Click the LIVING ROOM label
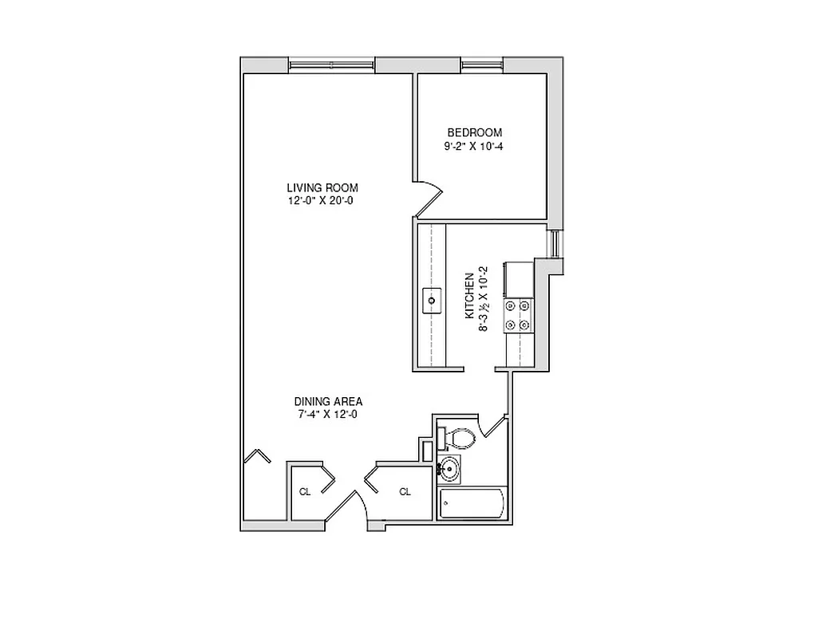(322, 187)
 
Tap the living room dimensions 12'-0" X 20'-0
(321, 201)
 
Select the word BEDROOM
(474, 132)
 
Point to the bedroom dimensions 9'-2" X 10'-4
(474, 147)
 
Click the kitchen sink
(432, 301)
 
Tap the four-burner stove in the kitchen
(516, 314)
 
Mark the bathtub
(472, 505)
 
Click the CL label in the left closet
(304, 492)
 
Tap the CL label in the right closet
(405, 492)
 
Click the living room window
(331, 65)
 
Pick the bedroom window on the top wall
(481, 65)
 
